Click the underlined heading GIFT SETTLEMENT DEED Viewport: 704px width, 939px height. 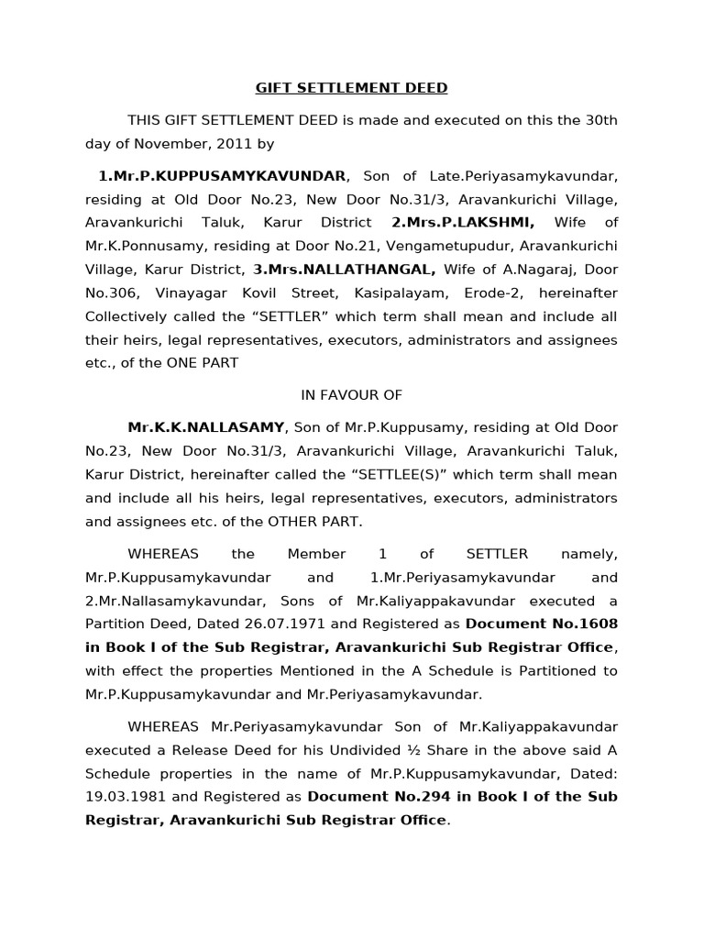351,88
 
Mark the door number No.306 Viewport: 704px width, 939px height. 109,293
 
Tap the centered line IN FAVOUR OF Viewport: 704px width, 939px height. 351,395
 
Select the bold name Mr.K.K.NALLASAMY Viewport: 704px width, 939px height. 207,427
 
